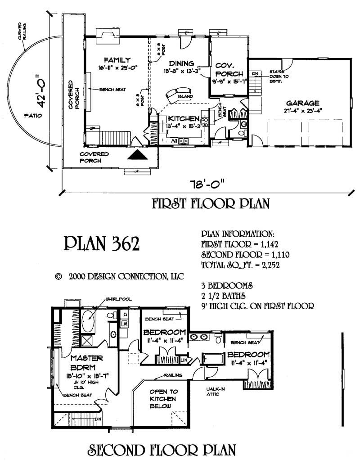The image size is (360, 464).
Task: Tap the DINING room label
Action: (x=181, y=63)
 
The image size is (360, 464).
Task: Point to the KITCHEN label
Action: (x=183, y=118)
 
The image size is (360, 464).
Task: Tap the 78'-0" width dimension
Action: (x=207, y=185)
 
